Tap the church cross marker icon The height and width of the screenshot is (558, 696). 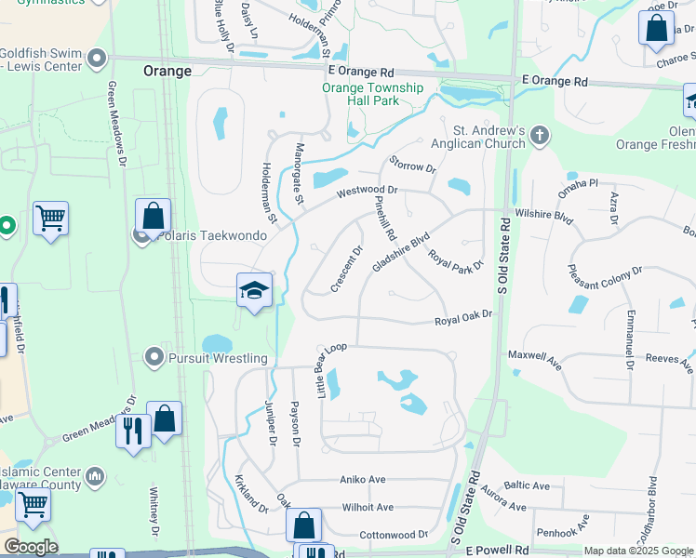coord(539,138)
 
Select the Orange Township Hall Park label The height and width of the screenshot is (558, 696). coord(373,94)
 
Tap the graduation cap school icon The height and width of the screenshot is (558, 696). coord(254,289)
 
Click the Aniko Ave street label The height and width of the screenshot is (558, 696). coord(363,479)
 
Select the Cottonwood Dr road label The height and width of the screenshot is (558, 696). coord(393,535)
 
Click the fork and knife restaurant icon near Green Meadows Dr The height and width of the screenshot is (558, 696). coord(131,430)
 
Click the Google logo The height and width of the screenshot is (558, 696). coord(31,547)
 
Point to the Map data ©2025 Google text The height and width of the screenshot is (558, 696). coord(637,551)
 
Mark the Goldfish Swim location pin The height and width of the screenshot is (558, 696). coord(96,60)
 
